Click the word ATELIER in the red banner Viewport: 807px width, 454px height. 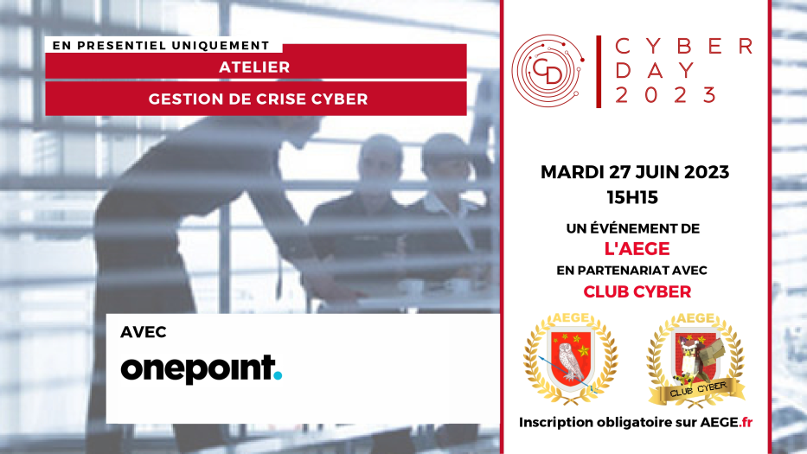point(255,67)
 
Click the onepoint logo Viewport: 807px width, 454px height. point(202,369)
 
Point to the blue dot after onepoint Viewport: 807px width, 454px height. point(278,376)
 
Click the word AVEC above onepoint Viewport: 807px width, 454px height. point(144,333)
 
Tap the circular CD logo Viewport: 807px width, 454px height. point(548,71)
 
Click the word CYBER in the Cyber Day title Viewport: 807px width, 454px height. point(684,47)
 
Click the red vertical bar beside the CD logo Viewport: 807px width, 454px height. point(599,72)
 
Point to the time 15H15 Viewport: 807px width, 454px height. point(632,198)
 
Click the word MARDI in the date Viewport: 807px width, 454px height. point(572,172)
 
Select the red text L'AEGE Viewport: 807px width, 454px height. point(637,249)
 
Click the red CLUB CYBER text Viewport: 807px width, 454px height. point(637,292)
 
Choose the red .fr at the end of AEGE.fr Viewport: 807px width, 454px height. point(746,423)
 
